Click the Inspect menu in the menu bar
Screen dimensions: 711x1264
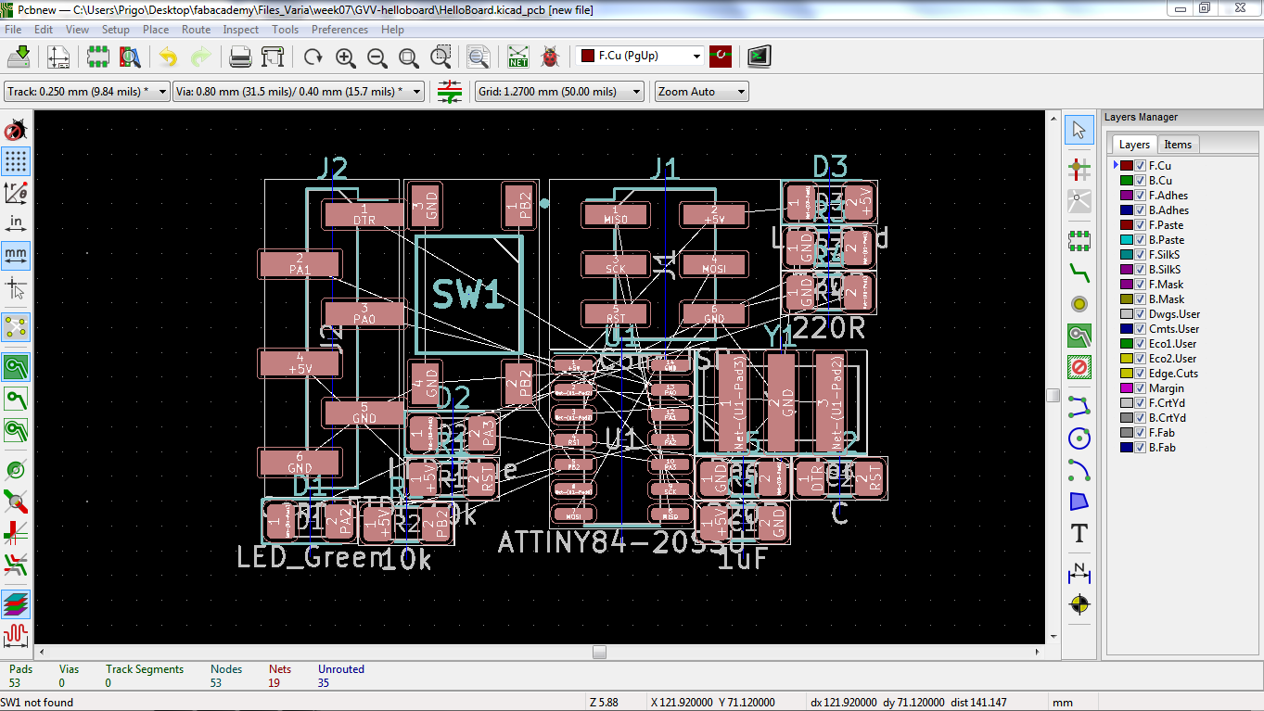[x=240, y=30]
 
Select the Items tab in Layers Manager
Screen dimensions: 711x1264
[x=1178, y=144]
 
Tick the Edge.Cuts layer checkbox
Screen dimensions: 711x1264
[x=1141, y=374]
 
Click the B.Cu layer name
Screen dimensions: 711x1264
[x=1160, y=181]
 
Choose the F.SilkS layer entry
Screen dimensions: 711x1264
[x=1165, y=255]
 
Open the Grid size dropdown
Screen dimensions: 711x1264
[x=559, y=92]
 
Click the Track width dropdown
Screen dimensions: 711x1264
[x=87, y=92]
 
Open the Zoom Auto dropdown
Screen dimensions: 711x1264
[x=701, y=92]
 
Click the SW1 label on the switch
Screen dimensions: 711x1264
[x=468, y=296]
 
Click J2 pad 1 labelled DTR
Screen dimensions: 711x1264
[x=364, y=215]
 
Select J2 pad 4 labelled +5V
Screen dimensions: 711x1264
[x=300, y=363]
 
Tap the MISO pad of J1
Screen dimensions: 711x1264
[x=615, y=215]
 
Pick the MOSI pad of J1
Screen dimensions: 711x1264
[x=713, y=264]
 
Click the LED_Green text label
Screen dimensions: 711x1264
[x=311, y=556]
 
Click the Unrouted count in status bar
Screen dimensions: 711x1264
[x=324, y=683]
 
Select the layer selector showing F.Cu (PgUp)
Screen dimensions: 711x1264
[x=640, y=56]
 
